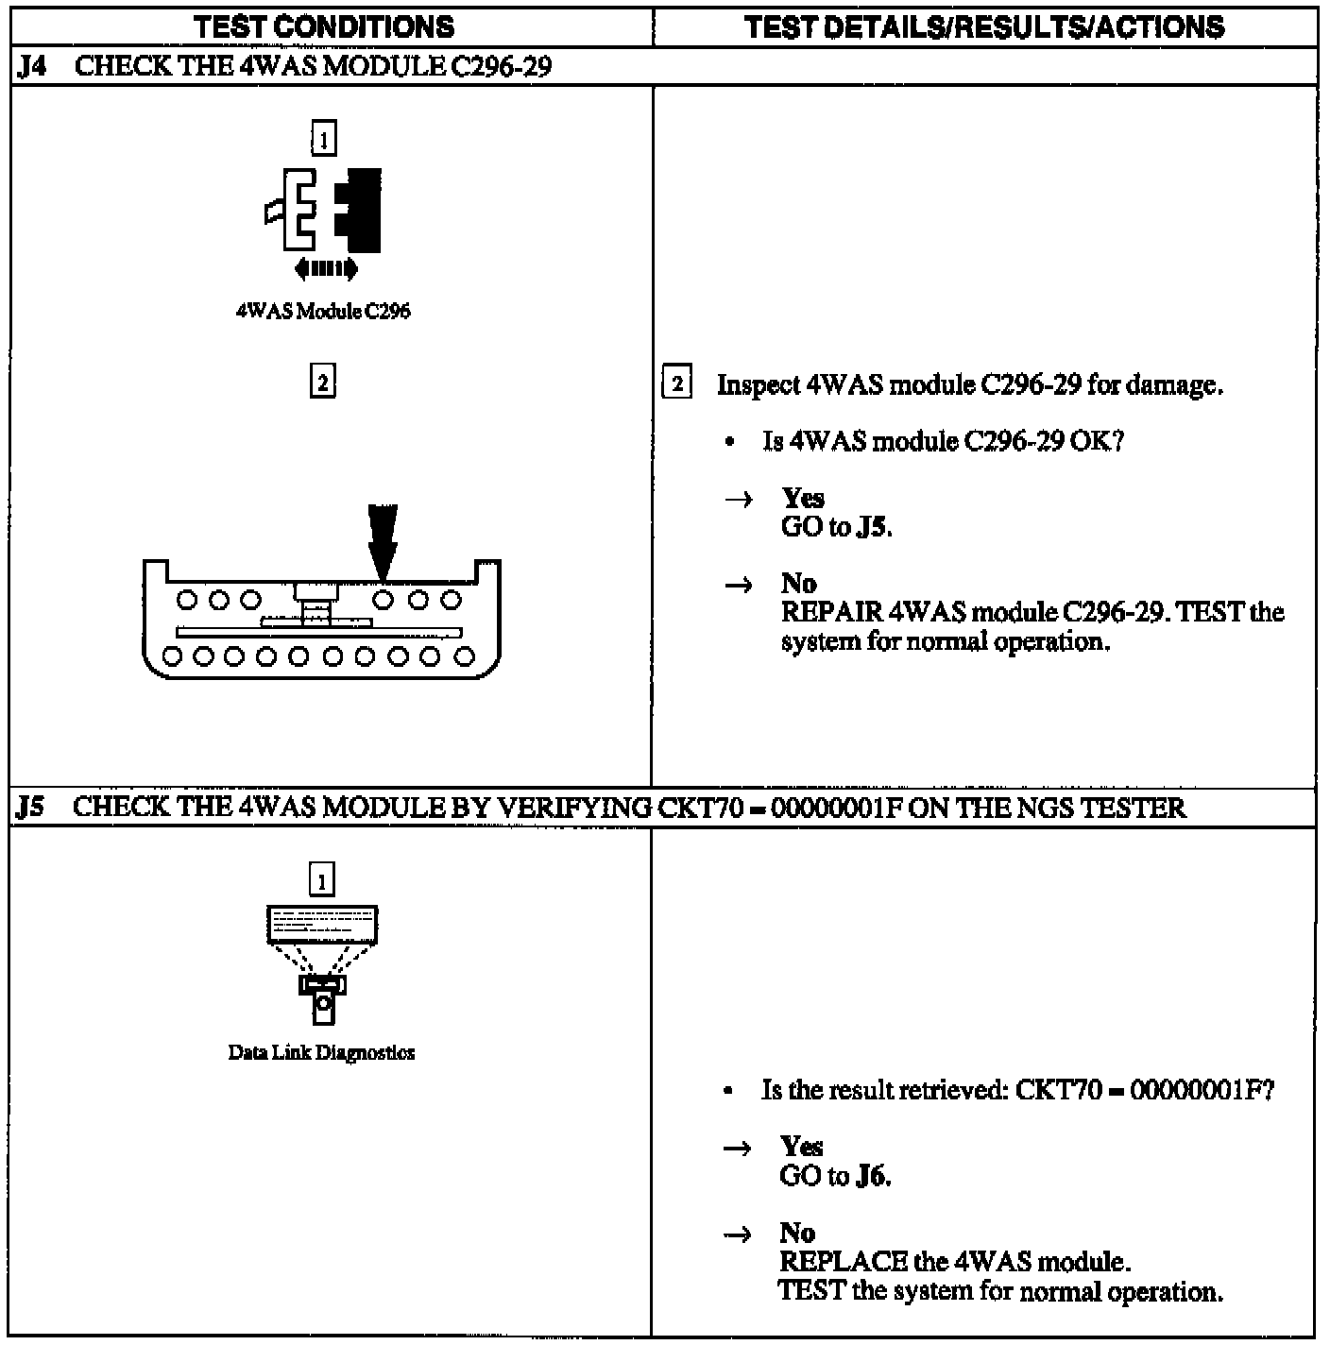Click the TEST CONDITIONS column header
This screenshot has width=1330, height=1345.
click(x=324, y=26)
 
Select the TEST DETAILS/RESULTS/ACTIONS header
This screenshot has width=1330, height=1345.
click(x=984, y=26)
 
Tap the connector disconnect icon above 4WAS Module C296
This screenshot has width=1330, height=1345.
click(x=324, y=211)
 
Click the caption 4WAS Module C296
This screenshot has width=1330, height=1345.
click(x=323, y=312)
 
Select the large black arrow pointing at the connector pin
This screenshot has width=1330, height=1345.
click(x=383, y=540)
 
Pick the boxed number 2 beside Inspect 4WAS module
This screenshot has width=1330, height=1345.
click(x=677, y=384)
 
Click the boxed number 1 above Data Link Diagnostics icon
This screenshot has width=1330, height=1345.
click(x=322, y=881)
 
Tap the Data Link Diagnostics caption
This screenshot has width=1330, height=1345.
click(x=321, y=1052)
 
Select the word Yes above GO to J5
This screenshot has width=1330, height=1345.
click(x=802, y=498)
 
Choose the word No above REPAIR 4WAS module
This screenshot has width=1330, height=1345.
click(x=798, y=584)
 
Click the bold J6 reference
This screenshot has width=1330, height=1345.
click(x=872, y=1176)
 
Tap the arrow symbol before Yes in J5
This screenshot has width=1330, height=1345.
click(x=738, y=1149)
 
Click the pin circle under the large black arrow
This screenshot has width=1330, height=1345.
click(x=383, y=599)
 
